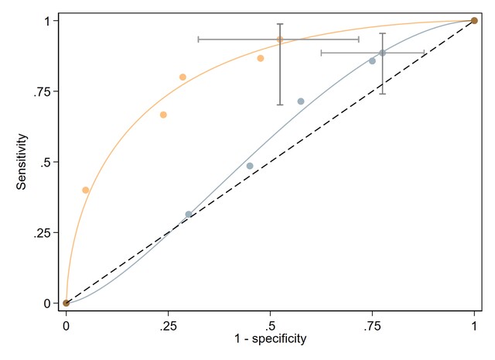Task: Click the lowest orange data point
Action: pyautogui.click(x=86, y=190)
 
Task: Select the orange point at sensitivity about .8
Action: pyautogui.click(x=183, y=77)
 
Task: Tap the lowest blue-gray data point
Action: pyautogui.click(x=189, y=214)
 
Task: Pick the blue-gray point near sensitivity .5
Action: pyautogui.click(x=250, y=166)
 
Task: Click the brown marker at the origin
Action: pyautogui.click(x=67, y=303)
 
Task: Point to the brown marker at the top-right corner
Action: pyautogui.click(x=474, y=21)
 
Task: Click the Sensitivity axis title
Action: pyautogui.click(x=24, y=162)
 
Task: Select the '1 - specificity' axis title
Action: pyautogui.click(x=271, y=339)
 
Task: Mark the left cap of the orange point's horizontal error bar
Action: pyautogui.click(x=199, y=39)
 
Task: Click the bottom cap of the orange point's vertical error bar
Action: pyautogui.click(x=280, y=105)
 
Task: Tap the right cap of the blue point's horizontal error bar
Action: pyautogui.click(x=424, y=53)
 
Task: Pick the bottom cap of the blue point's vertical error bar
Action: pyautogui.click(x=382, y=94)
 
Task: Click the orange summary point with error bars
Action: pyautogui.click(x=280, y=39)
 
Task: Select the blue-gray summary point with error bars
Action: pyautogui.click(x=382, y=53)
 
